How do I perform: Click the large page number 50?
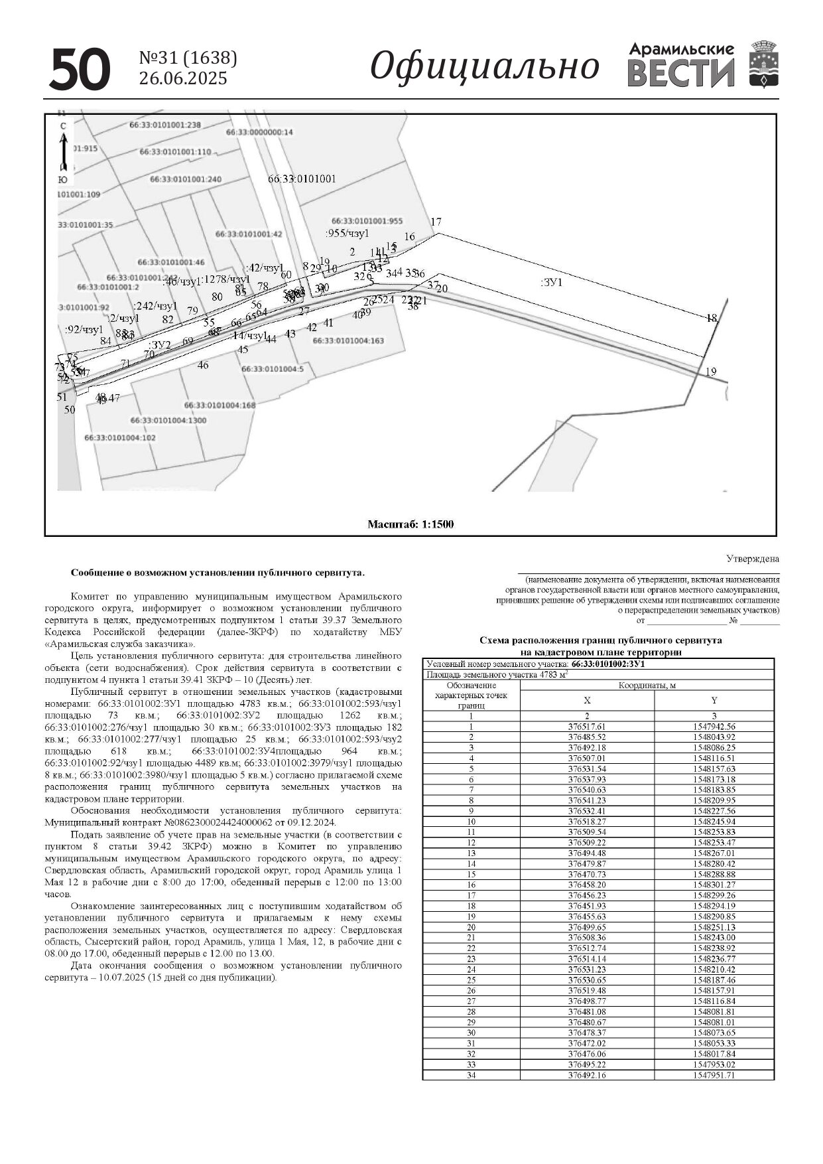[80, 69]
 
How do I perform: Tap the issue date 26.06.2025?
[183, 78]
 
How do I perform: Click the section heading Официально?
[484, 66]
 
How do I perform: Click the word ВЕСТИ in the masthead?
[681, 72]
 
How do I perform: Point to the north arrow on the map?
[63, 152]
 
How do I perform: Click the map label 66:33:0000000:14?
[259, 132]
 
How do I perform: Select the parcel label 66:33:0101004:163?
[348, 340]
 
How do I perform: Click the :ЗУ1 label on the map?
[551, 282]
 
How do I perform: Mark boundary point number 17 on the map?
[436, 222]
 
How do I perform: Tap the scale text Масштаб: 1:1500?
[411, 524]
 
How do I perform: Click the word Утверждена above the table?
[753, 559]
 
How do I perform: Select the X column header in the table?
[587, 700]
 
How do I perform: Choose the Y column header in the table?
[714, 700]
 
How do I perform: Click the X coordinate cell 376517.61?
[587, 727]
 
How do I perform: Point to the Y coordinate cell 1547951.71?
[714, 1075]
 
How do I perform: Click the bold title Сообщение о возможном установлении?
[218, 572]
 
